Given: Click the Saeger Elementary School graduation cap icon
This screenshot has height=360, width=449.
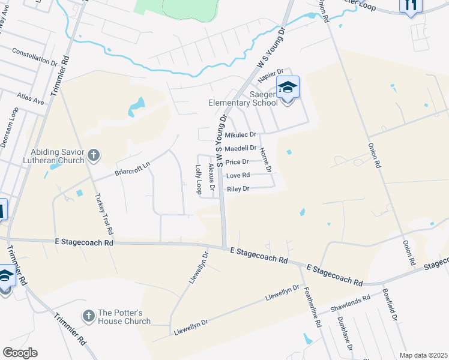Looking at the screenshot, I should (x=288, y=88).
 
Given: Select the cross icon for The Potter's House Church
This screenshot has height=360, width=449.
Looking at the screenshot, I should (x=88, y=316).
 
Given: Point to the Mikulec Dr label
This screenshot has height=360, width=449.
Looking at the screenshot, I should (x=240, y=135).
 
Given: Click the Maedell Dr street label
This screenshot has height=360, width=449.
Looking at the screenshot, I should (x=240, y=148).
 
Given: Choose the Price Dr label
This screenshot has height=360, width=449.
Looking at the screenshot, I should (x=237, y=162).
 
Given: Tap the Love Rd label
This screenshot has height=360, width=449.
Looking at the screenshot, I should (x=237, y=176).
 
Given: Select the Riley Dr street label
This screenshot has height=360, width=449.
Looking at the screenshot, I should (x=237, y=189).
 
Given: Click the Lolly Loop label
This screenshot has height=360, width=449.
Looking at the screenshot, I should (x=197, y=179).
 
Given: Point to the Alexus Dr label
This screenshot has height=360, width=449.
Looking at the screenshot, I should (x=210, y=175).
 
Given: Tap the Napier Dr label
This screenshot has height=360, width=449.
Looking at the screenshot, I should (x=270, y=76).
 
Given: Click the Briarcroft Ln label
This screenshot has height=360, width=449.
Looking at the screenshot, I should (x=132, y=169).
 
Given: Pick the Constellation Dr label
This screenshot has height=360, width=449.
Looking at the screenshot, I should (x=34, y=56).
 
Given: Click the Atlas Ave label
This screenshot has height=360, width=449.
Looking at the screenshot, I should (x=31, y=98).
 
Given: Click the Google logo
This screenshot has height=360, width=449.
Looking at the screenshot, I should (x=20, y=353).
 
